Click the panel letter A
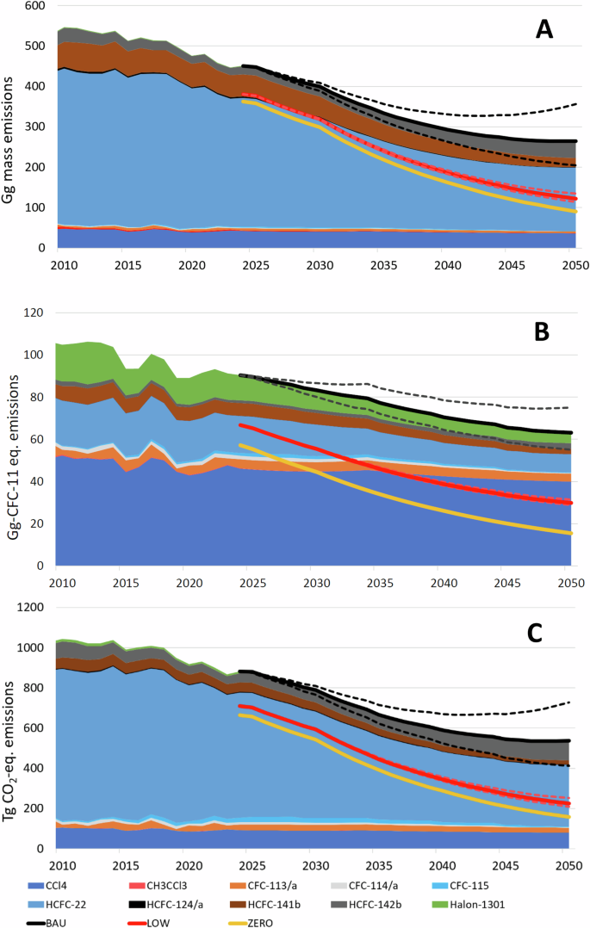[544, 30]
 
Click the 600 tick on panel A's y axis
[34, 5]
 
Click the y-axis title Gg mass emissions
[12, 123]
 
